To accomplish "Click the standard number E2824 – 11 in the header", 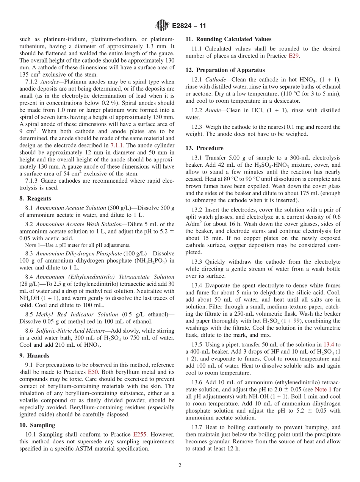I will [189, 26].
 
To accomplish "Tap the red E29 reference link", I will [293, 56].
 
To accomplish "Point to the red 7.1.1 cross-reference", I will [117, 145].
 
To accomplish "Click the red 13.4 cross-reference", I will [329, 344].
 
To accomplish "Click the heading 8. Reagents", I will [35, 199].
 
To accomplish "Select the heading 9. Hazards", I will [34, 355].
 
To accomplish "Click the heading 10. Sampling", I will [37, 425].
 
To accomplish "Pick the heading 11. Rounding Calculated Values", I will [228, 39].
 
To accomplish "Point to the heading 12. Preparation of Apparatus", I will [225, 70].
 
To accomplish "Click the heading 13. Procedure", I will [204, 148].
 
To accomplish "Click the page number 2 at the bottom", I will [180, 465].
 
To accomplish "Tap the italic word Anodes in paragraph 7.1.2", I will [48, 81].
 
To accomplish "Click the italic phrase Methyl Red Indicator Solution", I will [77, 314].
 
